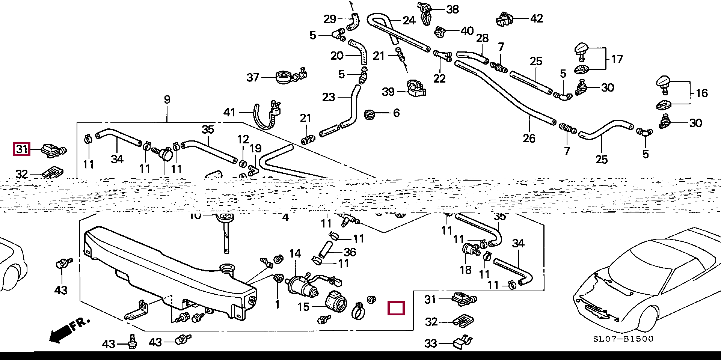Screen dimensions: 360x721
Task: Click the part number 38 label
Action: (x=453, y=9)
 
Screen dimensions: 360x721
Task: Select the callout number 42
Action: (x=537, y=18)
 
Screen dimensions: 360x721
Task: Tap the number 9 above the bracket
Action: (x=167, y=99)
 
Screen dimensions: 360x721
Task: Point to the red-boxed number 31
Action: (x=21, y=149)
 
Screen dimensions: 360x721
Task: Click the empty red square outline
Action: (x=396, y=308)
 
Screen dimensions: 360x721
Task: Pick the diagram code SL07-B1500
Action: (x=623, y=339)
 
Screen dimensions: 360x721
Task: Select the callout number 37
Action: (x=253, y=77)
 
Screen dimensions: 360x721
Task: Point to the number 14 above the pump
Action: (x=295, y=254)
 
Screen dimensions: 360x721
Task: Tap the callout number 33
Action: (x=431, y=343)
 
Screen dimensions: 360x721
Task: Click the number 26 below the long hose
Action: (x=529, y=139)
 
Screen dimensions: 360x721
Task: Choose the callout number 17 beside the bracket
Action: (x=617, y=59)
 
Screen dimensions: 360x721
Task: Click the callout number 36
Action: (x=350, y=252)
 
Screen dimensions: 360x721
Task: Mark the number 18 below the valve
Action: (x=466, y=270)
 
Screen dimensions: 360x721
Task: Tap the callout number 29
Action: (x=330, y=18)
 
